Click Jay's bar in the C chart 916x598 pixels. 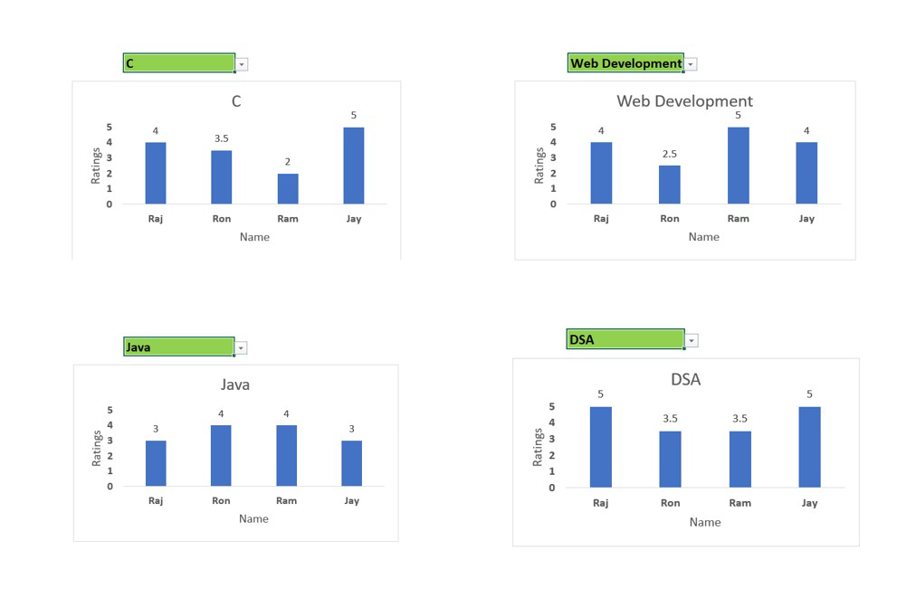point(353,166)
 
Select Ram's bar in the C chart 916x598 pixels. point(287,188)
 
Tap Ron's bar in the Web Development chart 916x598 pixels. point(669,185)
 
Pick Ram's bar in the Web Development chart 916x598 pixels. point(738,166)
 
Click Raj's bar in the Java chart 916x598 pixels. point(156,463)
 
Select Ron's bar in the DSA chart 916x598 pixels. point(670,459)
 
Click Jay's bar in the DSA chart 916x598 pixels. point(809,447)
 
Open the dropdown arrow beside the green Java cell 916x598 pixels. point(241,348)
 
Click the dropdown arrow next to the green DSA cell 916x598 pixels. point(692,341)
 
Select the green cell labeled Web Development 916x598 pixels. point(625,63)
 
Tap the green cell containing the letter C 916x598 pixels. point(178,63)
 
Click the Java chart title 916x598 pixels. point(235,384)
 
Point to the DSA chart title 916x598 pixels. point(685,380)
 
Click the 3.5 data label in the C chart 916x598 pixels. point(221,138)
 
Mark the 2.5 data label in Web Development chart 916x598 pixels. point(669,154)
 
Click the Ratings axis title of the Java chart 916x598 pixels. point(97,448)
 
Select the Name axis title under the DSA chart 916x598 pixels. point(704,522)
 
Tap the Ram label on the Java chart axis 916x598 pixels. point(286,500)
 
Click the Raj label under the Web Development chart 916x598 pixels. point(601,218)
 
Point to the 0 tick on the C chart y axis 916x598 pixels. point(110,204)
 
